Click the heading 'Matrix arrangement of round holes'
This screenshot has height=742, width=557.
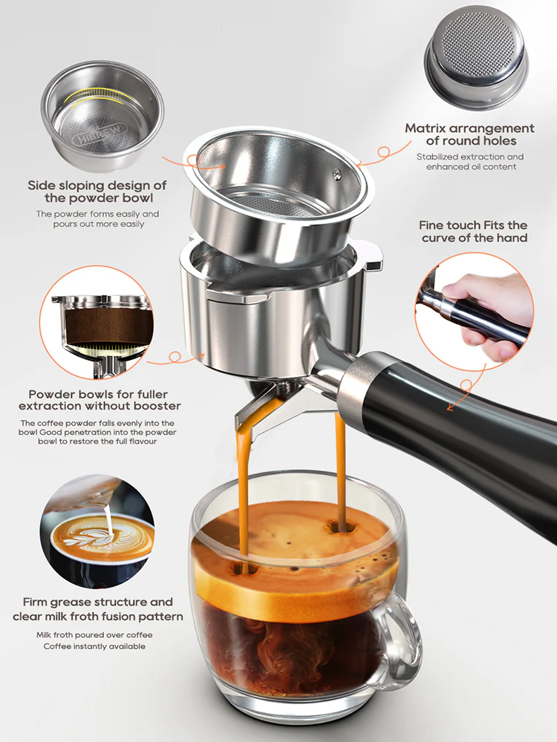tap(469, 134)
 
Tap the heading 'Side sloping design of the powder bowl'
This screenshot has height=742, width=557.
tap(97, 191)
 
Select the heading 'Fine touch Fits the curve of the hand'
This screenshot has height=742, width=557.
tap(474, 231)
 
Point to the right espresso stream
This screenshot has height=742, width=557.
tap(340, 467)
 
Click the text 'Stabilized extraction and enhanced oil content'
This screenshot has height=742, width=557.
tap(469, 162)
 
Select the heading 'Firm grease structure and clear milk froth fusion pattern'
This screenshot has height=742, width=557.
tap(97, 609)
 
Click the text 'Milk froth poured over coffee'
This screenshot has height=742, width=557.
tap(94, 635)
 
